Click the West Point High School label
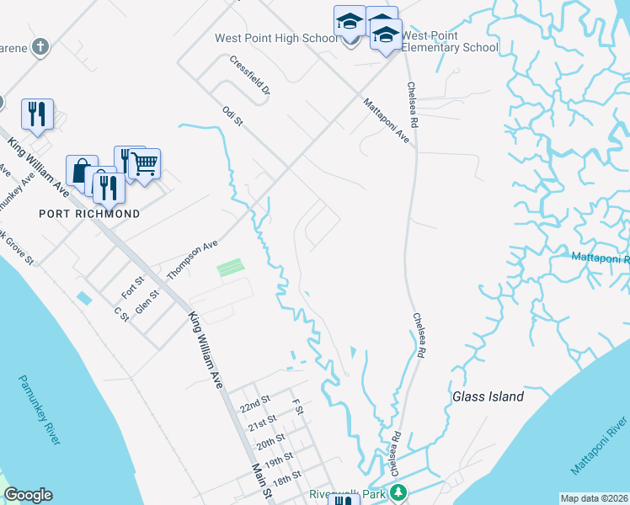click(x=276, y=39)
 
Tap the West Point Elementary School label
click(x=450, y=42)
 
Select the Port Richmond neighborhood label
click(x=89, y=214)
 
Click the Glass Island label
click(x=488, y=396)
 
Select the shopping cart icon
click(x=145, y=164)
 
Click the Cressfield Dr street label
click(x=249, y=75)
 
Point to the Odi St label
click(x=232, y=116)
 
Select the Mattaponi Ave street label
click(x=387, y=121)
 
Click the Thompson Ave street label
click(x=192, y=258)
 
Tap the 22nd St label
click(x=254, y=405)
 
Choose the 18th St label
click(x=286, y=478)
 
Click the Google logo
click(x=28, y=495)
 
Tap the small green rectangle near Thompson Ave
click(x=230, y=268)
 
